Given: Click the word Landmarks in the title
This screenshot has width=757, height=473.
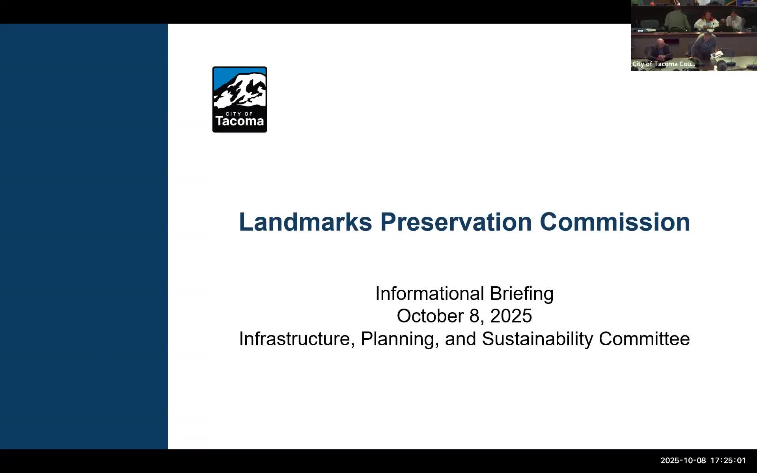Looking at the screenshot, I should (306, 222).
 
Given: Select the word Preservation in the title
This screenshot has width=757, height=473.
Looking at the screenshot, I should (456, 222).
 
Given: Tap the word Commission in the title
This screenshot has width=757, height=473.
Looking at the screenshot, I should (615, 222).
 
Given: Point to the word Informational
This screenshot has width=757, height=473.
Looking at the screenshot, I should (429, 294).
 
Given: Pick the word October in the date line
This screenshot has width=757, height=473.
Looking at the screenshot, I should (430, 316).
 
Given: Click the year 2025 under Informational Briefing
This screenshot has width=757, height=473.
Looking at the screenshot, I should (511, 316).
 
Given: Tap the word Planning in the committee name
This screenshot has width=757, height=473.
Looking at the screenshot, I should (398, 339).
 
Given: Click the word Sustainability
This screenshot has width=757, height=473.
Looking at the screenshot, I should (537, 339).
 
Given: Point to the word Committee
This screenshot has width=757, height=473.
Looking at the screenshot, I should (644, 339).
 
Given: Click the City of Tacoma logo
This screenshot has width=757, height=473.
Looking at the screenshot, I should (240, 99).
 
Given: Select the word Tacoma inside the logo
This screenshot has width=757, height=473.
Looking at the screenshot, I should (240, 121).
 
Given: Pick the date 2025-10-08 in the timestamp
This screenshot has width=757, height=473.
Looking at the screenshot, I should (683, 460).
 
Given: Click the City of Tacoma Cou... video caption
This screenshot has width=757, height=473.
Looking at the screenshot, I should (664, 64).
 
